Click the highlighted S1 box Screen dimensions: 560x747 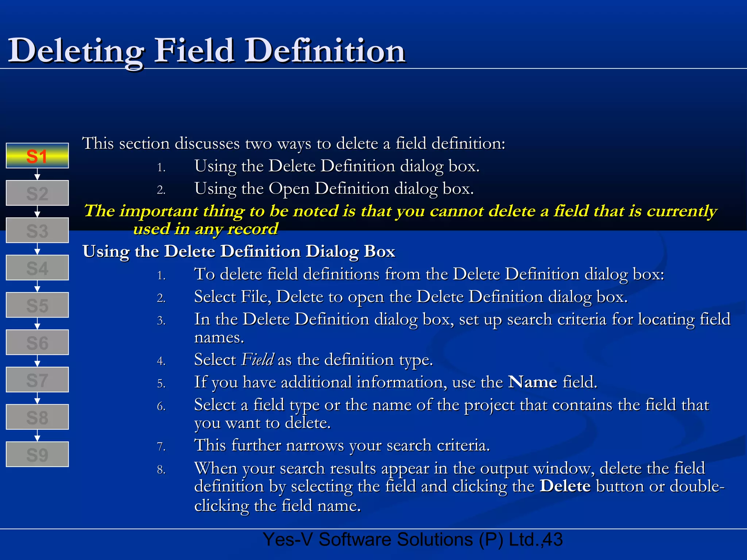pyautogui.click(x=37, y=156)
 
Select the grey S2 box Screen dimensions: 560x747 pyautogui.click(x=37, y=193)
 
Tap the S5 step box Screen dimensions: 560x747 pyautogui.click(x=37, y=305)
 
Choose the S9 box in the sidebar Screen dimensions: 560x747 pyautogui.click(x=37, y=454)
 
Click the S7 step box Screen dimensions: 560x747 pyautogui.click(x=37, y=380)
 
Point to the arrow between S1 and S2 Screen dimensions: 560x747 pyautogui.click(x=37, y=174)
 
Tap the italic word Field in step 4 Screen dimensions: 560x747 pyautogui.click(x=258, y=359)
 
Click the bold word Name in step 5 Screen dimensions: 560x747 pyautogui.click(x=533, y=382)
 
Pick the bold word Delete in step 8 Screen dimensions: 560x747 pyautogui.click(x=565, y=486)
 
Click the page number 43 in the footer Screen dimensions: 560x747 pyautogui.click(x=553, y=540)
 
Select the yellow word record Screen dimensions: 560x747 pyautogui.click(x=252, y=229)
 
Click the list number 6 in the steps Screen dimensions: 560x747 pyautogui.click(x=161, y=406)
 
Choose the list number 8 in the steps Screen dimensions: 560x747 pyautogui.click(x=161, y=470)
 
